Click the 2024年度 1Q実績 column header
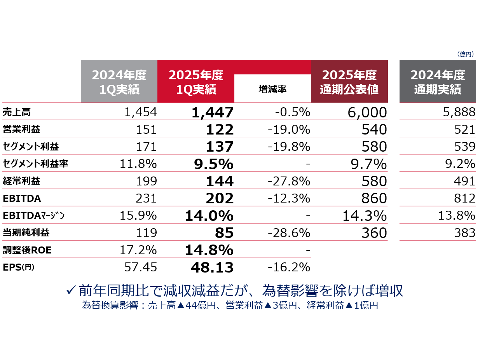(x=119, y=82)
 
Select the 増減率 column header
(x=272, y=89)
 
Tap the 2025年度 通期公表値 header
(x=349, y=82)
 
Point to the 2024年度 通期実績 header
(x=437, y=82)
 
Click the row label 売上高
(x=17, y=112)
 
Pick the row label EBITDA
(x=22, y=198)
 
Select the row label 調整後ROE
(x=27, y=250)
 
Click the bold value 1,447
(x=212, y=112)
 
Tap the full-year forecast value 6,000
(x=365, y=112)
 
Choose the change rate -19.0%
(x=289, y=129)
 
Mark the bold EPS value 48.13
(x=212, y=267)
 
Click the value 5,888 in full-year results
(x=459, y=112)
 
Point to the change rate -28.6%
(x=289, y=233)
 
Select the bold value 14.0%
(x=209, y=215)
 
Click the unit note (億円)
(x=465, y=54)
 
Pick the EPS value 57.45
(x=140, y=267)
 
